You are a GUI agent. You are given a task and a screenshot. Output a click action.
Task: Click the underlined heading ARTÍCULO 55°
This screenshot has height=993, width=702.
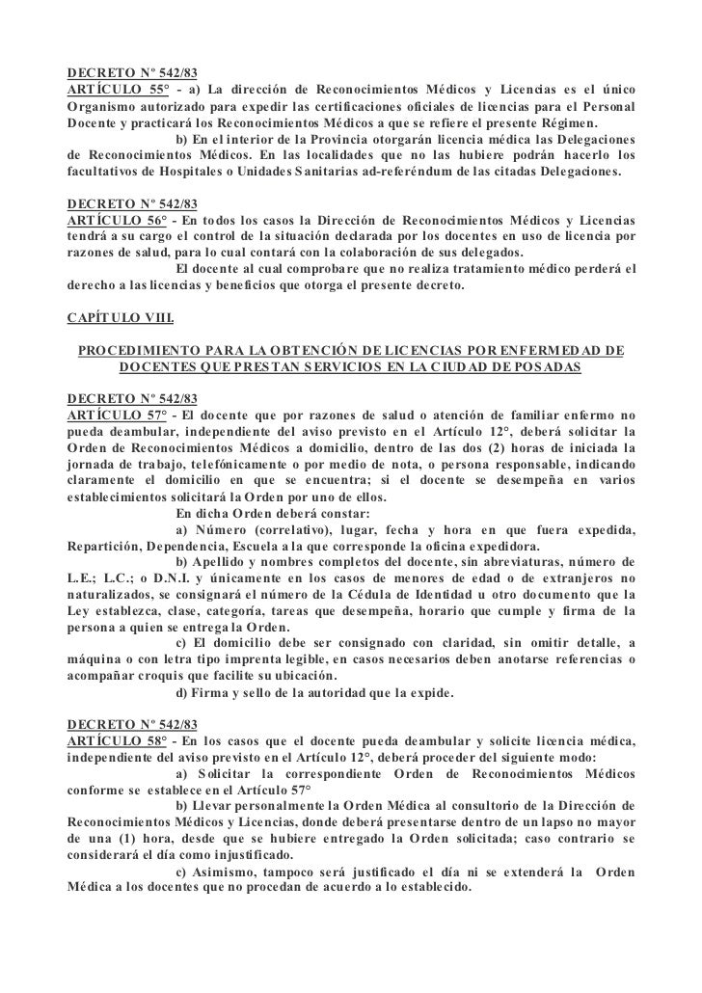113,90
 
